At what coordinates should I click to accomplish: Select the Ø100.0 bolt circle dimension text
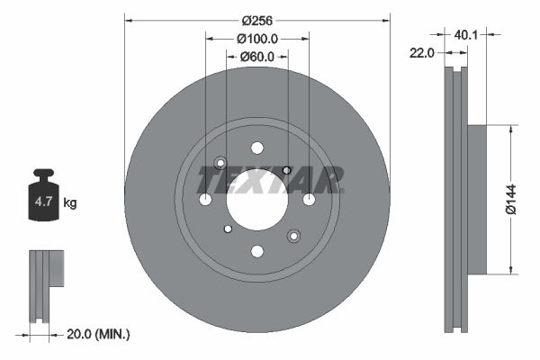(256, 39)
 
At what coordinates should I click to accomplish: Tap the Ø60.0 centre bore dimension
(256, 57)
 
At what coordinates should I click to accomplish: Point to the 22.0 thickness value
(423, 53)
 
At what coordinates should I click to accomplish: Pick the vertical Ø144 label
(510, 199)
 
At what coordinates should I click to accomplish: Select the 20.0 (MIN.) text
(99, 334)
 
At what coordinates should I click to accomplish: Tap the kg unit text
(70, 203)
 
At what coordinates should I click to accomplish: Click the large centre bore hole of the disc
(256, 199)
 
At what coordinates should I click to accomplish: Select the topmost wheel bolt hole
(257, 148)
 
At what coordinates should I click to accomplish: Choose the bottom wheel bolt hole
(257, 251)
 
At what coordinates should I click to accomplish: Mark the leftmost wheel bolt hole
(205, 199)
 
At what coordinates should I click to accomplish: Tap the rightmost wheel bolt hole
(309, 199)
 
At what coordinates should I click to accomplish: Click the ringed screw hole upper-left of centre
(220, 163)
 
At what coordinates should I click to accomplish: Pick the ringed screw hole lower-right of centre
(293, 236)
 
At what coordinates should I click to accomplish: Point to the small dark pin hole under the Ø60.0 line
(286, 170)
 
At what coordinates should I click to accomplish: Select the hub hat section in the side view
(476, 199)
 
